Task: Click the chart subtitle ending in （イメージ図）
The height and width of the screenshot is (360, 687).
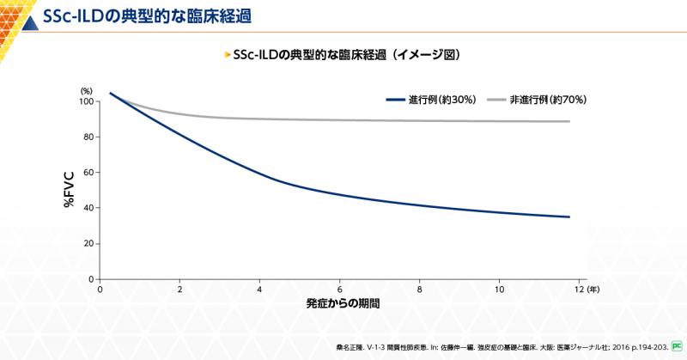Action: (x=347, y=54)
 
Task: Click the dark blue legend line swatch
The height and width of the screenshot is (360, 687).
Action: (x=397, y=100)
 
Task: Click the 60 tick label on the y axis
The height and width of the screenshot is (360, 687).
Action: (x=88, y=173)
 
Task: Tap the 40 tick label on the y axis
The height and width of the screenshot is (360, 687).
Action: (x=88, y=208)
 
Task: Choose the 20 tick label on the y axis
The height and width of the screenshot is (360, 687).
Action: (x=88, y=243)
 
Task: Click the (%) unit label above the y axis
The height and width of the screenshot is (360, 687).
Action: (x=87, y=89)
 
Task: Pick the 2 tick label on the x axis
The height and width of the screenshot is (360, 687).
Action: (x=179, y=289)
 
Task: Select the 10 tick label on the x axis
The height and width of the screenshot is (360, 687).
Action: (x=499, y=289)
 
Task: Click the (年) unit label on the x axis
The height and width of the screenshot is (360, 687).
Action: (x=594, y=289)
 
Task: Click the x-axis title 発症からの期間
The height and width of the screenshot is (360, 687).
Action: (x=343, y=305)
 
